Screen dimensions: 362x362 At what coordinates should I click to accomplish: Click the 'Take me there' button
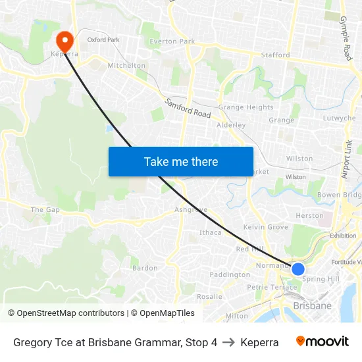pos(181,161)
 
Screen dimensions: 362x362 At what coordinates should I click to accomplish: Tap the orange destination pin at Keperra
pos(65,40)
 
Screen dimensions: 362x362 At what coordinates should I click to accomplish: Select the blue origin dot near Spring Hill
pos(297,269)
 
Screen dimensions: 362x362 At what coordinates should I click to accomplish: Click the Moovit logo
pos(323,342)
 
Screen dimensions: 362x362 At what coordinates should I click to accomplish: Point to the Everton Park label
pos(172,41)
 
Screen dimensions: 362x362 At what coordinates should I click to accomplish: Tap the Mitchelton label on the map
pos(126,66)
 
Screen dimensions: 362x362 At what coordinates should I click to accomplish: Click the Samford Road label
pos(188,108)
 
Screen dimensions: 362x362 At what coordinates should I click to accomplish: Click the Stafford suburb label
pos(275,55)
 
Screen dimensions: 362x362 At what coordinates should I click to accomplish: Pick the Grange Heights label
pos(246,107)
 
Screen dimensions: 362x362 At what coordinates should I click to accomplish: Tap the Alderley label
pos(231,124)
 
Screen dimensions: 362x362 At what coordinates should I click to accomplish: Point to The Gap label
pos(45,209)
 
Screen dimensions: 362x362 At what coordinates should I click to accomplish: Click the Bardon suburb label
pos(145,268)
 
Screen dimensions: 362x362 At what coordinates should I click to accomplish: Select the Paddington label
pos(230,274)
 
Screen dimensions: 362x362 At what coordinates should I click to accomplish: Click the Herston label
pos(310,215)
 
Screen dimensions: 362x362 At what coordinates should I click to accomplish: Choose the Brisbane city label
pos(312,306)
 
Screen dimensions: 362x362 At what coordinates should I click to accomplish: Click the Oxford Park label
pos(103,39)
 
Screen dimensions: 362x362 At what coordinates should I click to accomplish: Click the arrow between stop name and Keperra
pos(228,342)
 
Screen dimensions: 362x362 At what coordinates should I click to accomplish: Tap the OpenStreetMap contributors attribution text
pos(66,313)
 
